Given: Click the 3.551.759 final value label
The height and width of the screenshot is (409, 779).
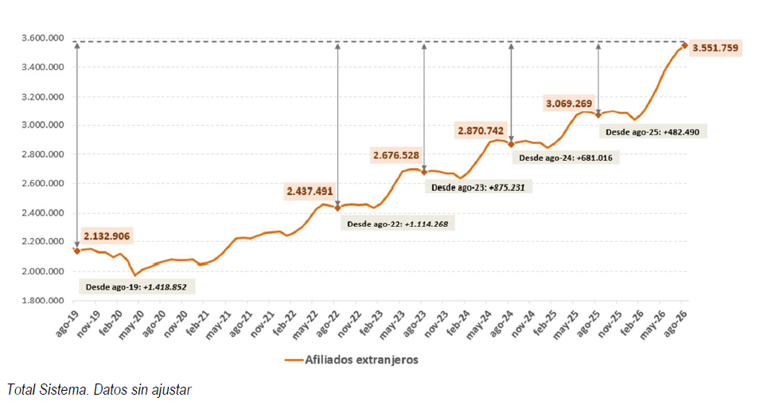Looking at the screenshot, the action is coord(715,48).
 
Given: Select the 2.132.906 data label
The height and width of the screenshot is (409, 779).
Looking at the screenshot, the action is coord(107,236).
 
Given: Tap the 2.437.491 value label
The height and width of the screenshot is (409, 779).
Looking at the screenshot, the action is coord(310,191).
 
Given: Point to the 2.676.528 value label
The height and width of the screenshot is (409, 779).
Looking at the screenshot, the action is coord(396,155).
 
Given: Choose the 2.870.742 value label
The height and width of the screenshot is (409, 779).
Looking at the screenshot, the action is coord(481,130).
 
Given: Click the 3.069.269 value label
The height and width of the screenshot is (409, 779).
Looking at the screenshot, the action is coord(570,103).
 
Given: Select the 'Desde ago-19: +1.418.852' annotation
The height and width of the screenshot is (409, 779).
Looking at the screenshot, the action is coord(136,286).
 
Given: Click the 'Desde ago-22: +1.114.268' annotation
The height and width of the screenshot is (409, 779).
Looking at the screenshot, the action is coord(397,224).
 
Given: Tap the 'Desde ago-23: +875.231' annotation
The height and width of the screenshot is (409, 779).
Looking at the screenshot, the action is coord(478,188).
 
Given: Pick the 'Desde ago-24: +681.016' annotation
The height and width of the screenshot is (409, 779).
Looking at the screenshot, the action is coord(566,158).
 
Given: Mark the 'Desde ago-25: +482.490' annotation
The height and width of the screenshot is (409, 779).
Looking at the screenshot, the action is coord(652,132).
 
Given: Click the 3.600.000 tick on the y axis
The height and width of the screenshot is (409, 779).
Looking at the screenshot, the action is coord(43,37).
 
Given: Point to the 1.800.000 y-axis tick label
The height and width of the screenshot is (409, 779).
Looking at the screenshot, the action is coord(43,301).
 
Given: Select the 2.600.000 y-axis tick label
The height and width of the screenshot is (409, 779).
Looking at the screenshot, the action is coord(43,183).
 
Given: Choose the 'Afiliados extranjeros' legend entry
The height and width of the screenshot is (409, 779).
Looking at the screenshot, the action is coord(352,360).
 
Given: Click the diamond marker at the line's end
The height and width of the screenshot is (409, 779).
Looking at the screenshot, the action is coord(684,45).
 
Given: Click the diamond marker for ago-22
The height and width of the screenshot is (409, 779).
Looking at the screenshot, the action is coord(338,208).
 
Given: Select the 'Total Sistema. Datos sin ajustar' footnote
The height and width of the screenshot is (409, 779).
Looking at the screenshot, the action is coord(99,390).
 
